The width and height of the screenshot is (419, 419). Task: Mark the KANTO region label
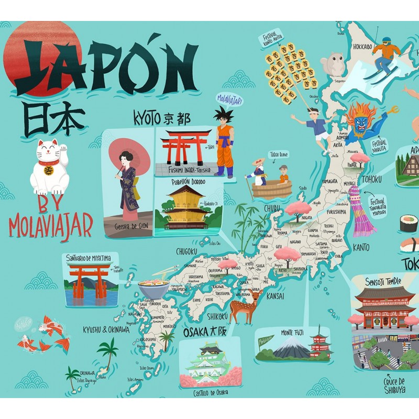click(x=361, y=247)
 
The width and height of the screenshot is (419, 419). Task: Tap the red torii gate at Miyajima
click(x=84, y=280)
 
